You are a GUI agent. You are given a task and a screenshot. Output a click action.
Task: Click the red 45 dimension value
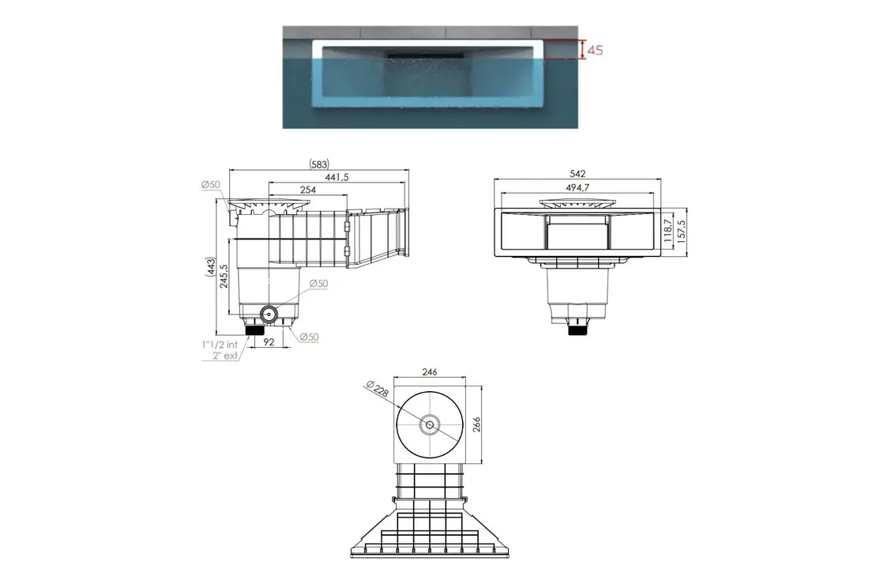point(596,50)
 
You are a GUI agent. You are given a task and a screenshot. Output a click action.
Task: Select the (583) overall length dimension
point(318,164)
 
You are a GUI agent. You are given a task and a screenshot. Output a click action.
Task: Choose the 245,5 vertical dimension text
point(224,277)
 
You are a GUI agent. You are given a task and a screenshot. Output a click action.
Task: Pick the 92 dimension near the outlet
point(269,342)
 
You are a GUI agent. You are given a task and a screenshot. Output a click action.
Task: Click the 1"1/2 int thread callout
point(219,345)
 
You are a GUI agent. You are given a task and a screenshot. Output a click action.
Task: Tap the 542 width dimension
point(577,173)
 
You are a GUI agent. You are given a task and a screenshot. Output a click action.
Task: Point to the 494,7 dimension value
point(577,187)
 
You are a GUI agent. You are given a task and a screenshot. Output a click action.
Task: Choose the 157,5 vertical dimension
point(681,233)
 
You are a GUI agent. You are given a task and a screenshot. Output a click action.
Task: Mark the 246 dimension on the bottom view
point(430,371)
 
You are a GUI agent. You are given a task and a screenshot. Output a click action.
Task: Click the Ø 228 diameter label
point(378,390)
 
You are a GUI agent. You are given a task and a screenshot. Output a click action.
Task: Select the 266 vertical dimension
point(476,424)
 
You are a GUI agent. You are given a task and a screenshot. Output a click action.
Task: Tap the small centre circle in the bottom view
point(430,424)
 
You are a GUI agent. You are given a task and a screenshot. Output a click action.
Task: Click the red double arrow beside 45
point(582,50)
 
